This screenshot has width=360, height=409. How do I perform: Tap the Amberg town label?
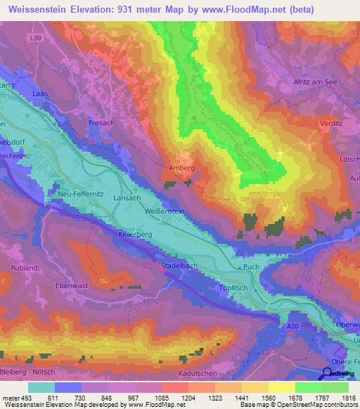[x=181, y=168]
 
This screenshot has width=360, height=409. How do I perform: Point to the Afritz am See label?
[x=315, y=83]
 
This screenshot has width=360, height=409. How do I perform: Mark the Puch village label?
[x=251, y=268]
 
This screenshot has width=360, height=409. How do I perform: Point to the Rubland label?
[x=24, y=268]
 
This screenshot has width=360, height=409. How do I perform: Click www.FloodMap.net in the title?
[x=231, y=9]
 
